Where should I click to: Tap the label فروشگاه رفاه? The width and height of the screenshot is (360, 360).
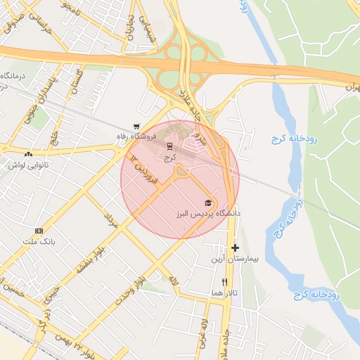tap(136, 136)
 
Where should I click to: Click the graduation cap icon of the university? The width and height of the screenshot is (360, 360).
tap(207, 202)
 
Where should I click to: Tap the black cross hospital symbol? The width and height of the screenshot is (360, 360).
tap(235, 247)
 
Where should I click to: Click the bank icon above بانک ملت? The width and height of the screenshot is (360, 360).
tap(39, 231)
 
